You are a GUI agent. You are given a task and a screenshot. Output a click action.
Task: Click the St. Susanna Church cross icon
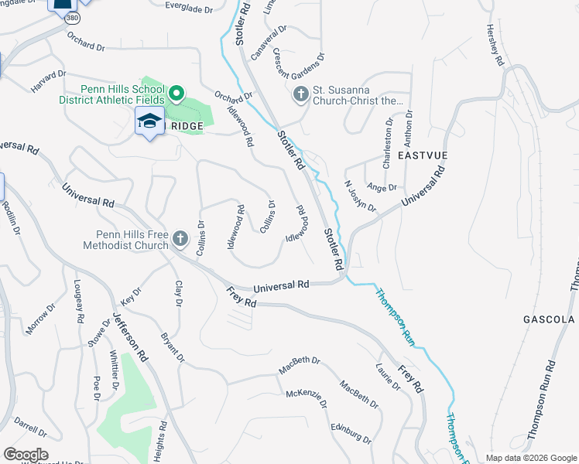(x=300, y=94)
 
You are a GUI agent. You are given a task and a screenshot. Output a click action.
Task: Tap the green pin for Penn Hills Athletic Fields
(x=176, y=94)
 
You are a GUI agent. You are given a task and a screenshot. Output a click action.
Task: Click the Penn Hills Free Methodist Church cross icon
(x=180, y=240)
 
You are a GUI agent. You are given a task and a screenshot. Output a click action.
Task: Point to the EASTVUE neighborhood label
(x=423, y=155)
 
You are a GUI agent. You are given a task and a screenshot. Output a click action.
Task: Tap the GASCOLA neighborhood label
(x=548, y=319)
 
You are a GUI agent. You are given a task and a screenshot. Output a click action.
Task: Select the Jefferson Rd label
(x=129, y=338)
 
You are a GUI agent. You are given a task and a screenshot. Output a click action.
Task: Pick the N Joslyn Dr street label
(x=360, y=196)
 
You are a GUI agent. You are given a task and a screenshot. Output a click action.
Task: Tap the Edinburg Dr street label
(x=347, y=432)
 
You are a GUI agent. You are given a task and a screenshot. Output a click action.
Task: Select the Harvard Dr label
(x=49, y=80)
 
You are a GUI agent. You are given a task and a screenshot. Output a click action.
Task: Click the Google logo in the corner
(x=26, y=455)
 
